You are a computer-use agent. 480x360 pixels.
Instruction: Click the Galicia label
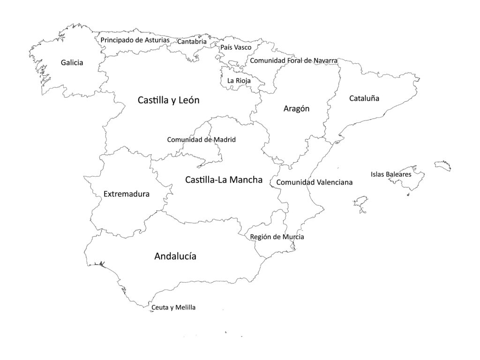72,62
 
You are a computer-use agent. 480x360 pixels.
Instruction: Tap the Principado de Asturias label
135,40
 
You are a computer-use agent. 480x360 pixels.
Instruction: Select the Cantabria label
192,42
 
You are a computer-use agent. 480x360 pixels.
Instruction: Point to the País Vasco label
236,47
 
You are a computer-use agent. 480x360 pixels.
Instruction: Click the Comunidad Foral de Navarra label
293,60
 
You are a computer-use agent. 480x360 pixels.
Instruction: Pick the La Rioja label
239,81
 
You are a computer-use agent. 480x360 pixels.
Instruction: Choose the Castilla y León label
169,100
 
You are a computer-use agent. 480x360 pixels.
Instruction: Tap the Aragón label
297,109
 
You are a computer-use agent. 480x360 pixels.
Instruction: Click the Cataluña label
364,98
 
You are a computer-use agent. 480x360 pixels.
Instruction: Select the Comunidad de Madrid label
202,140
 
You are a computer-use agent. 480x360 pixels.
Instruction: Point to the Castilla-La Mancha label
224,180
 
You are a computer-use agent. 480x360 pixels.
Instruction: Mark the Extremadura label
127,194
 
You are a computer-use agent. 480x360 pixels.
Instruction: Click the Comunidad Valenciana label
314,182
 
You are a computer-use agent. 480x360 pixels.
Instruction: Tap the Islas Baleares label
391,174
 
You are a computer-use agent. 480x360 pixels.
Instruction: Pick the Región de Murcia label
277,237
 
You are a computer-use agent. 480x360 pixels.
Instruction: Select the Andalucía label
175,256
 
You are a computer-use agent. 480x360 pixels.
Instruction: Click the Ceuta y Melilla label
173,307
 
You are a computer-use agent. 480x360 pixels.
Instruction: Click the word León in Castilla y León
188,100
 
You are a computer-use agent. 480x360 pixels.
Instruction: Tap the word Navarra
323,60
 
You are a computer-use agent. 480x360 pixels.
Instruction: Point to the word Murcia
293,237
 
